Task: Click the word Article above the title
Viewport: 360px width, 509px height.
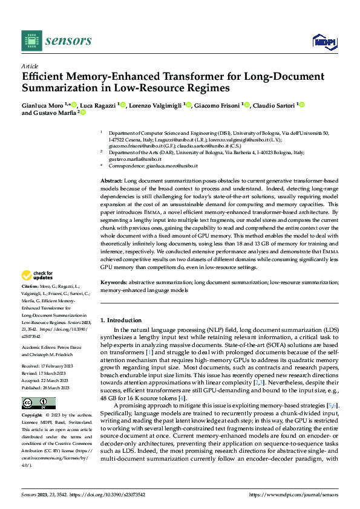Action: pos(30,66)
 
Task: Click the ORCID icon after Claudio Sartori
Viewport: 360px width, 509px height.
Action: pos(302,105)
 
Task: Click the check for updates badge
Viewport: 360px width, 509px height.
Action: pos(38,276)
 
